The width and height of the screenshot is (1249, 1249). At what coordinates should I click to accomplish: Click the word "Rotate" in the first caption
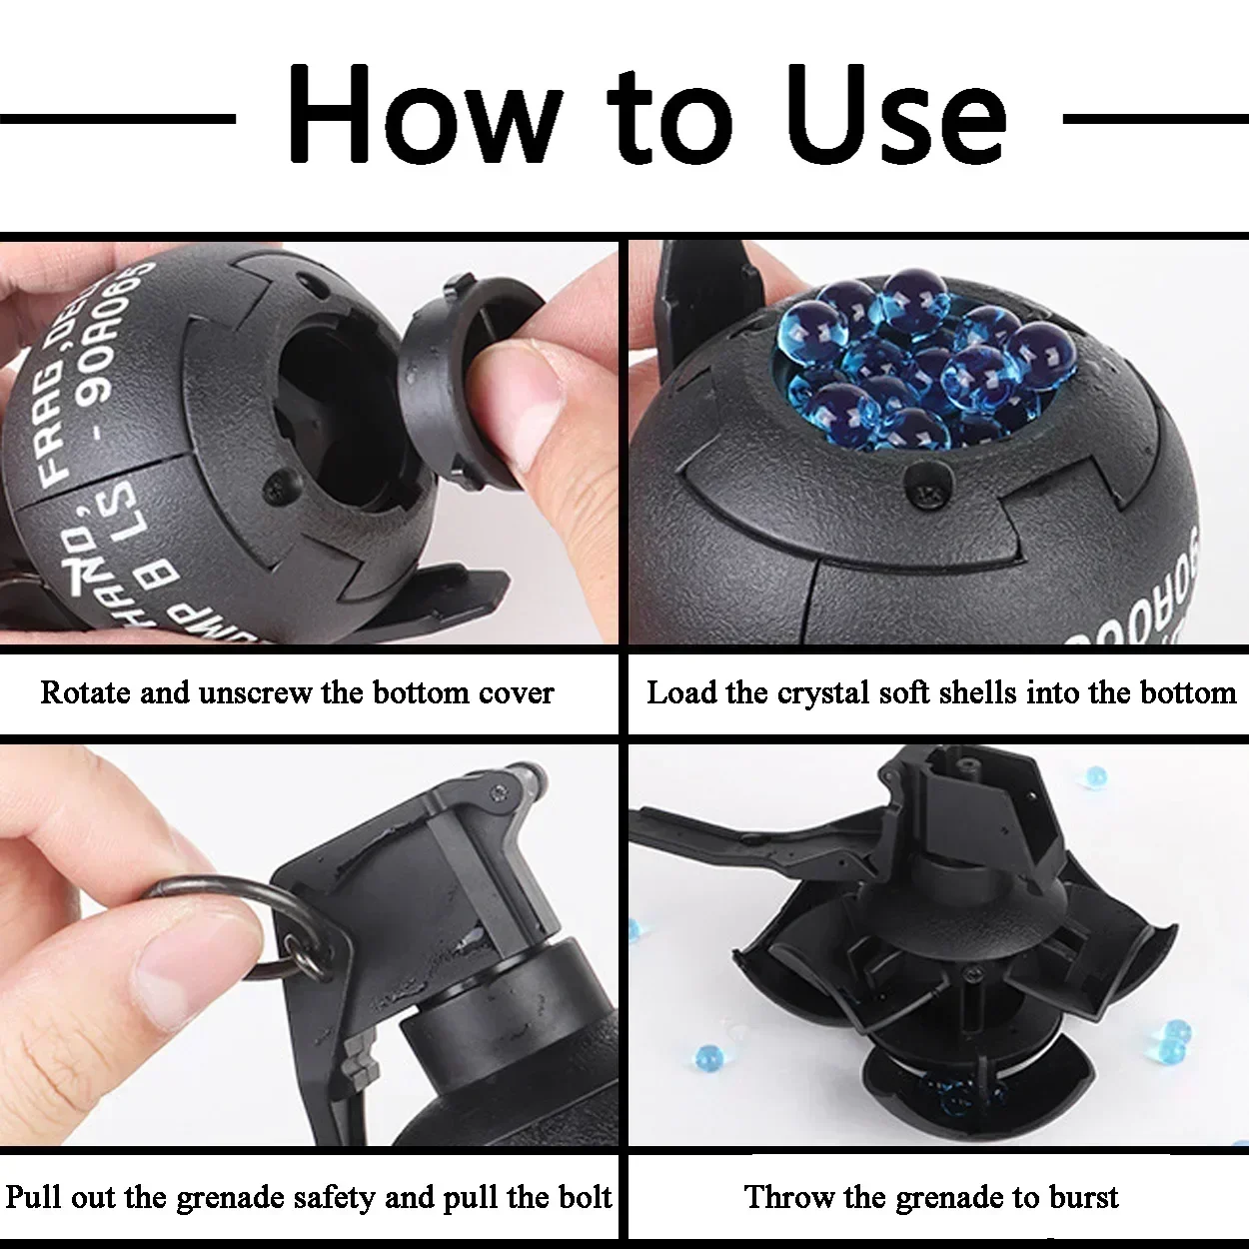(85, 692)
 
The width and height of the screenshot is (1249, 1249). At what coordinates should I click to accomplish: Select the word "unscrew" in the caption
(255, 692)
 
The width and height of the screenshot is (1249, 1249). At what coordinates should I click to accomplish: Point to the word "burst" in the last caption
(1080, 1197)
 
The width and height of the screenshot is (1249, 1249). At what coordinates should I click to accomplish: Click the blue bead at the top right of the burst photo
(1096, 776)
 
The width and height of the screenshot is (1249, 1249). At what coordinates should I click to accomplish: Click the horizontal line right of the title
(1154, 118)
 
